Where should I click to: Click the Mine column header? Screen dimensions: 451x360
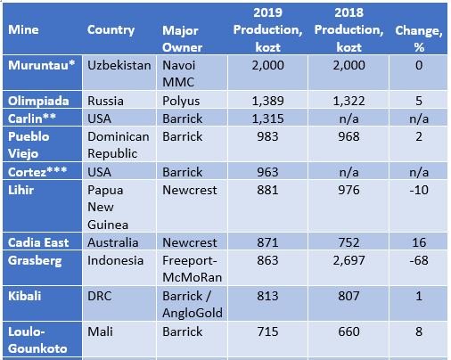(x=23, y=29)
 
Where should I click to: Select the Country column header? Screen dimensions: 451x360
(x=111, y=30)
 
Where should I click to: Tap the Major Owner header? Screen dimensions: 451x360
(x=182, y=39)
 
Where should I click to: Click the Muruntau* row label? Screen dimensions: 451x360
(x=41, y=65)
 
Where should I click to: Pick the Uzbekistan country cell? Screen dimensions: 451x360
(x=119, y=65)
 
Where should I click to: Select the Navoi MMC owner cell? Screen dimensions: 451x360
(x=178, y=74)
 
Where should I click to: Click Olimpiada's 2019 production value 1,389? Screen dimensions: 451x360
(x=267, y=101)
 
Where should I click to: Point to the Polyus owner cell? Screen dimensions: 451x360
(x=181, y=101)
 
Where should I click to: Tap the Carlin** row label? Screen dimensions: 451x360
(x=32, y=119)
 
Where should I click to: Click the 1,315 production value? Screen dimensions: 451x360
(x=267, y=119)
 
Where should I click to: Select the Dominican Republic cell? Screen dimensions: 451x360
(x=119, y=145)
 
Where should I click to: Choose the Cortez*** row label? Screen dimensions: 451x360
(x=37, y=172)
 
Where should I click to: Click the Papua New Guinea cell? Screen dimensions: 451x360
(x=108, y=207)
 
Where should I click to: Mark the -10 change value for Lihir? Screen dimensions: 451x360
(x=419, y=190)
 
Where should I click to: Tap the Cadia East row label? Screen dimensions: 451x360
(x=38, y=242)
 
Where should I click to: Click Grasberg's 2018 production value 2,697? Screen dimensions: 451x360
(x=348, y=260)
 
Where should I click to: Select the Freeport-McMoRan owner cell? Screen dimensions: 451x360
(x=192, y=269)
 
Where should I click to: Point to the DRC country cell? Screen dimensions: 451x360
(x=100, y=296)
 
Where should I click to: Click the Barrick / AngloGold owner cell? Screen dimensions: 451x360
(x=193, y=304)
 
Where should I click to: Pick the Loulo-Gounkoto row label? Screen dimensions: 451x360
(x=37, y=340)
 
